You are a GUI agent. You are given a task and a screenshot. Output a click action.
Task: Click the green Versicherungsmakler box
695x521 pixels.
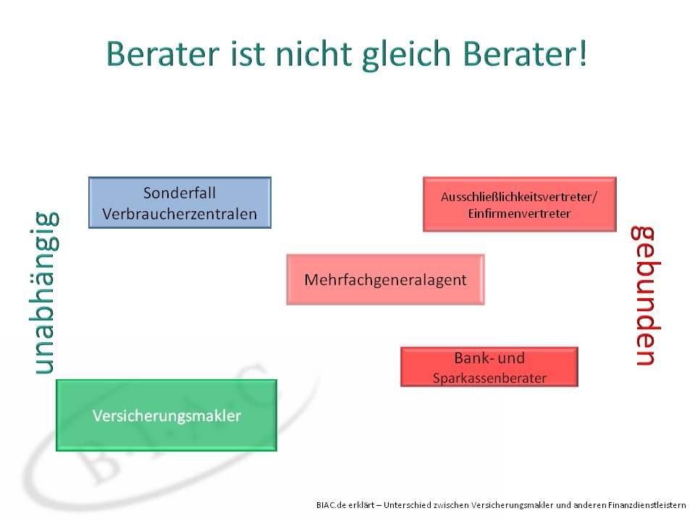167,415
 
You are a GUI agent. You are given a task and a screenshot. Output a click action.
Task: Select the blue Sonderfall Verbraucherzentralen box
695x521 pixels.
180,203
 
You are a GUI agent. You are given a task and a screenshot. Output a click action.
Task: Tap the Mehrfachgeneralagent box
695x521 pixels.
386,279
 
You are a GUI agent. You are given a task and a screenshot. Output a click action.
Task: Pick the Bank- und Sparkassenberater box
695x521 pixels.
489,367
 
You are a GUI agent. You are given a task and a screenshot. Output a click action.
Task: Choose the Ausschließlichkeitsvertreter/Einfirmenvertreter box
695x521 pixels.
520,204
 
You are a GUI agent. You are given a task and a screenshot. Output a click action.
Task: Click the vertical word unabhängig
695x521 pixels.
44,293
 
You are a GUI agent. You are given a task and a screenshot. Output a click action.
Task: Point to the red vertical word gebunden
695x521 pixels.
646,295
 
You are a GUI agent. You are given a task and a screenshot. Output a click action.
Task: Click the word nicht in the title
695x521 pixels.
313,54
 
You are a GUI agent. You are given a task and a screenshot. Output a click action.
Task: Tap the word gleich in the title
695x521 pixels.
406,55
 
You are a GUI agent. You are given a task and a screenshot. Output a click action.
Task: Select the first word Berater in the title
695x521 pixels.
163,54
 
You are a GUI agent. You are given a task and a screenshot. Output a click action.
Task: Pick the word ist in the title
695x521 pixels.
248,54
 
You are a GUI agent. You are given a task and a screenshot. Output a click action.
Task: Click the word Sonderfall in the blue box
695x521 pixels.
180,192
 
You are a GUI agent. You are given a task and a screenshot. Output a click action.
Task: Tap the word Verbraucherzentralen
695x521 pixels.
180,214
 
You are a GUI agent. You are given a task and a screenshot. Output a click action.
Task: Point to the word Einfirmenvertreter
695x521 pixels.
520,213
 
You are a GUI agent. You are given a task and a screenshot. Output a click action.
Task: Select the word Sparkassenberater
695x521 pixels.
489,378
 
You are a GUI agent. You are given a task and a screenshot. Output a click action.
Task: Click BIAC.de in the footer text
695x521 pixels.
331,504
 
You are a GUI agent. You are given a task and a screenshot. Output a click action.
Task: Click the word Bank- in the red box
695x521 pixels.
471,357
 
